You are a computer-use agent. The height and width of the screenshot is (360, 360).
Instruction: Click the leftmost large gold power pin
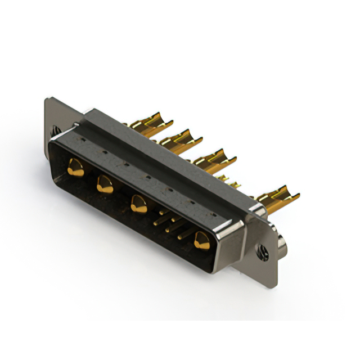click(x=75, y=168)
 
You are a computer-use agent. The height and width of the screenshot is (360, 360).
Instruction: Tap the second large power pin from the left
click(x=105, y=184)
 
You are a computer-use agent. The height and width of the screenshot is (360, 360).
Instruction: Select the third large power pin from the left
click(x=139, y=204)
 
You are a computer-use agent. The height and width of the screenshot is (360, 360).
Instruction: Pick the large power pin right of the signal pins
click(x=201, y=241)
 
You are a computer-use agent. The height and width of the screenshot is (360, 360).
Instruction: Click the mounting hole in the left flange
click(x=56, y=130)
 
